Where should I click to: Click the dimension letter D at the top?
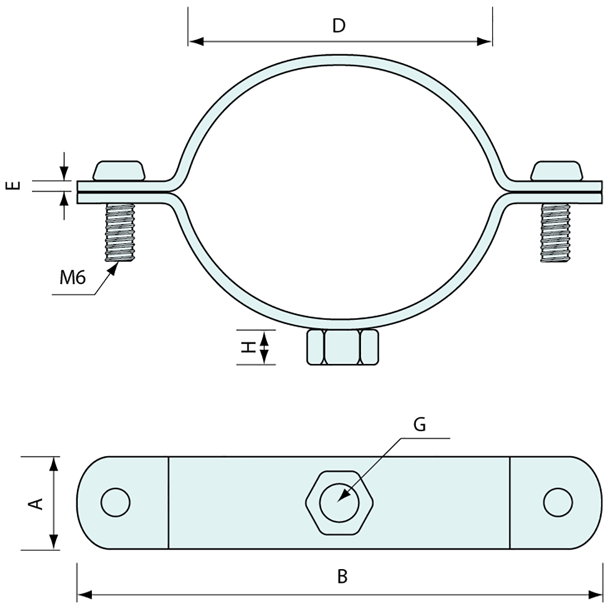click(339, 25)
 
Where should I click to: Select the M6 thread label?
click(72, 277)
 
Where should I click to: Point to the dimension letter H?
click(250, 347)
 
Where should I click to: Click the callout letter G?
click(420, 425)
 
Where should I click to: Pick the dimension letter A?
click(35, 503)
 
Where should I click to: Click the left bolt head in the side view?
click(118, 171)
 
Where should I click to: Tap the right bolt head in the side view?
click(556, 171)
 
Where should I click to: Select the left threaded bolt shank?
click(119, 233)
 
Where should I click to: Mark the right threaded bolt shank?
click(555, 233)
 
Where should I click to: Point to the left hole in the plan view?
click(115, 503)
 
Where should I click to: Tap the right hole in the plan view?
click(558, 503)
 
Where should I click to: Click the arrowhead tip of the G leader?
click(338, 500)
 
